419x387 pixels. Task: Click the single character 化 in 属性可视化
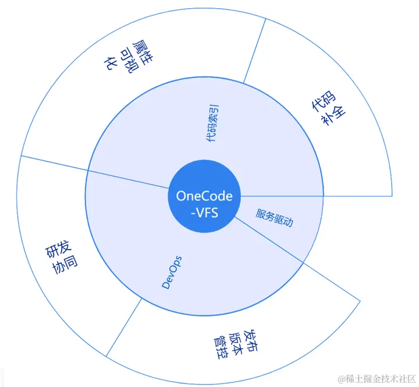click(109, 65)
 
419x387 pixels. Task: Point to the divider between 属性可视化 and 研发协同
click(52, 164)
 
